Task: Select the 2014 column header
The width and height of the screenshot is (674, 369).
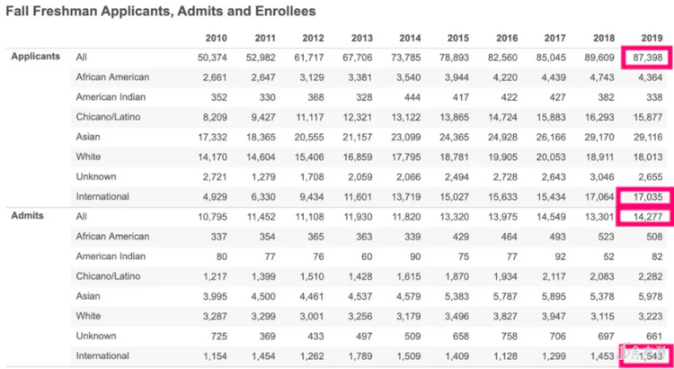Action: click(x=408, y=38)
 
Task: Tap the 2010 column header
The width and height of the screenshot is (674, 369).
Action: click(x=215, y=38)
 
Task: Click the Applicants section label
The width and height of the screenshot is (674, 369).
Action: click(x=36, y=57)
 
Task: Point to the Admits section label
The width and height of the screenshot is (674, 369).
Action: click(x=27, y=216)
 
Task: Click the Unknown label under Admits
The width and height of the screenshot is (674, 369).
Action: click(x=97, y=336)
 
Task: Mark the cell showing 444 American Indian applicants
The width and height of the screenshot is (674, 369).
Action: click(x=411, y=96)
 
